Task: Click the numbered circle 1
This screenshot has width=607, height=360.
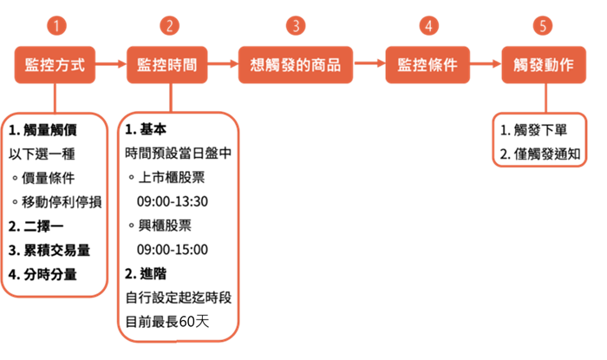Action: [56, 26]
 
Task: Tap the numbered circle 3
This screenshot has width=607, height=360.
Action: [296, 26]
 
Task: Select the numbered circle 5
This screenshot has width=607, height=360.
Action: [543, 26]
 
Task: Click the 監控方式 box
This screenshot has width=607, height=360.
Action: [55, 65]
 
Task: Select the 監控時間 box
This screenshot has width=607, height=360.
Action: [167, 65]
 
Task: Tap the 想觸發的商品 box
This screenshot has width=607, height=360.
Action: [296, 65]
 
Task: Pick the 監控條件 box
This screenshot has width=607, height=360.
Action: [428, 65]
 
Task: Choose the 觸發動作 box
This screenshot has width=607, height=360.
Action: [544, 65]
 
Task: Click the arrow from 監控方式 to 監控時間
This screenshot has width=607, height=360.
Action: [111, 64]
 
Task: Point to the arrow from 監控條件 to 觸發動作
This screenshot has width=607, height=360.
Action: [486, 64]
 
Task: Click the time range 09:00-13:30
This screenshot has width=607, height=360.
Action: [173, 201]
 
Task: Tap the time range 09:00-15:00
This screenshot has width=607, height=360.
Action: [173, 250]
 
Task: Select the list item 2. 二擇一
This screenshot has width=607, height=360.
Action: [36, 226]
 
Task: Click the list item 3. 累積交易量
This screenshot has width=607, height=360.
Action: [49, 251]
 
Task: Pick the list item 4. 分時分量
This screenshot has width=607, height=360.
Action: [42, 274]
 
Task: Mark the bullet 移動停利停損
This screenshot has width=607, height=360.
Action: [57, 202]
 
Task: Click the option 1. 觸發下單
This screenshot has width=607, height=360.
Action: [533, 130]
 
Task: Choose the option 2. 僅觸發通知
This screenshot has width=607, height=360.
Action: [540, 154]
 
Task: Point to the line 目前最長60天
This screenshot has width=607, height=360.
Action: [167, 322]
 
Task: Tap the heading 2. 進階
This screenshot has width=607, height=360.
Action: [146, 273]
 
